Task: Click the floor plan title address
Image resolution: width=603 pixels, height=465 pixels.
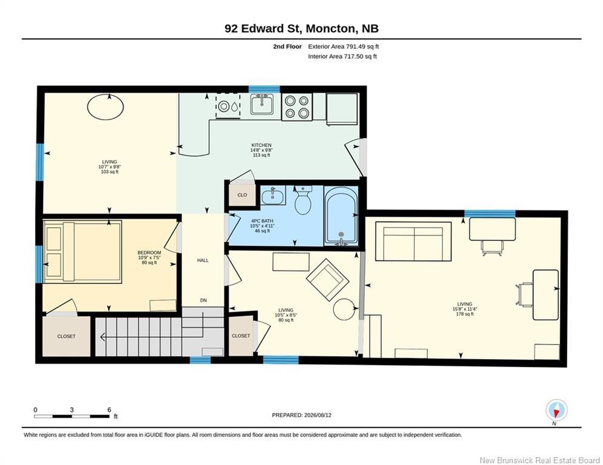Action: click(x=302, y=28)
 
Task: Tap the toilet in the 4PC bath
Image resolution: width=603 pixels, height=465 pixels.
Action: click(x=303, y=200)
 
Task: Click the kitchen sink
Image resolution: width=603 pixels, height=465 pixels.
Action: click(x=262, y=104)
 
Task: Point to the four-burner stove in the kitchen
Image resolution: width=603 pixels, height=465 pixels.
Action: click(x=296, y=107)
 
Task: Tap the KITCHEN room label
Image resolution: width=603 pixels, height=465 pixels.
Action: click(x=262, y=145)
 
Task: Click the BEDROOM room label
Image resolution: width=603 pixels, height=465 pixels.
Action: click(x=149, y=253)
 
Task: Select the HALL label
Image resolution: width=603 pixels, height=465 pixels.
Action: click(x=202, y=260)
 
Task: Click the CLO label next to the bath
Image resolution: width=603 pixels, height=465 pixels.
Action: click(x=242, y=195)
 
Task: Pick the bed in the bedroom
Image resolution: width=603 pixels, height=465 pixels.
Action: click(x=82, y=252)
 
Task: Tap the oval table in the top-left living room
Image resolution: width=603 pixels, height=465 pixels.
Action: click(x=105, y=107)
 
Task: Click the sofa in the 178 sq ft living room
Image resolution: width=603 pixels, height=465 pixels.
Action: click(x=413, y=242)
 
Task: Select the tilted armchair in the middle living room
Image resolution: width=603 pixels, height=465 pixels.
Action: click(x=327, y=279)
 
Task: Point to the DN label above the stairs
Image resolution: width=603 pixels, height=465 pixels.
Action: click(x=203, y=300)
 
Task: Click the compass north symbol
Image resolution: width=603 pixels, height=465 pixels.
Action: click(x=556, y=410)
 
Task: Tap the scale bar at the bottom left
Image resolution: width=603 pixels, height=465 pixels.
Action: click(x=72, y=416)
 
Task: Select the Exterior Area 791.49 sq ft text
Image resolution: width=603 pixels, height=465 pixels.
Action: click(x=344, y=47)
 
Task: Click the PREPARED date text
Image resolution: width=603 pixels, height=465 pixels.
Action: click(x=302, y=415)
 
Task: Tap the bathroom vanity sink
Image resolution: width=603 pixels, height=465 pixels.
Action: click(x=273, y=196)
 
